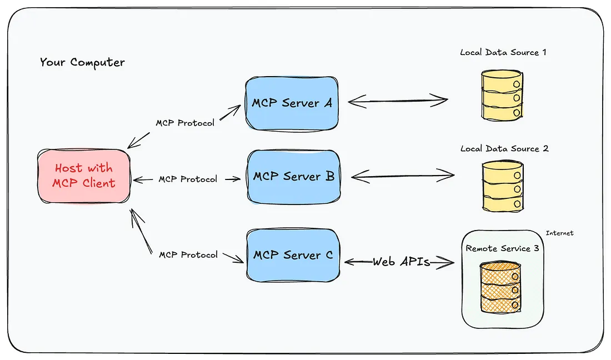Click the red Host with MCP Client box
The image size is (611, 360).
(x=84, y=176)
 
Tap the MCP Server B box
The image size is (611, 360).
(x=293, y=177)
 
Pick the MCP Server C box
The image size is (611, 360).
(x=293, y=255)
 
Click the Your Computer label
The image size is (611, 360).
(x=82, y=62)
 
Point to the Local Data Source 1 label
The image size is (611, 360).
(x=503, y=52)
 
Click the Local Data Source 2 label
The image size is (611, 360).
(x=504, y=148)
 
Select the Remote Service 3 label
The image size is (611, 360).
(x=502, y=248)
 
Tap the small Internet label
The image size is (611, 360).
(x=559, y=233)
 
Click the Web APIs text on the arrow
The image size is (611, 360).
(x=401, y=261)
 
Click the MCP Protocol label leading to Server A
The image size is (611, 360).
(x=185, y=123)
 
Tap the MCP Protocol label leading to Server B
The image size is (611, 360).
(x=188, y=179)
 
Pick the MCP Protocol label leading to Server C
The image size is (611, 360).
(x=188, y=254)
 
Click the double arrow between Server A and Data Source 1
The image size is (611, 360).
(x=398, y=101)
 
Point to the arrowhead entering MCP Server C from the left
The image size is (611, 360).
(x=240, y=259)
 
